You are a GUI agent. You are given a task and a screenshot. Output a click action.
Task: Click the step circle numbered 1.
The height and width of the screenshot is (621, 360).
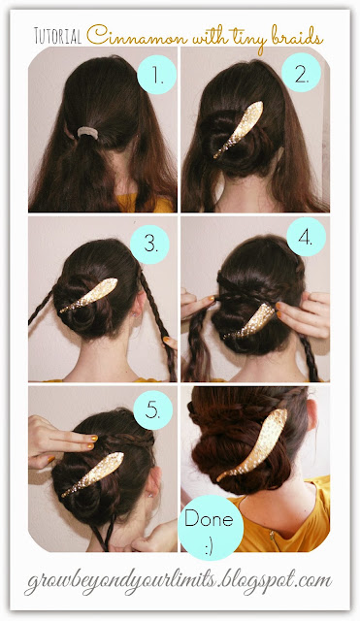point(156,75)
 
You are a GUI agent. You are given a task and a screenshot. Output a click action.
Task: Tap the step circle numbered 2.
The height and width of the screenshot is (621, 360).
point(301,73)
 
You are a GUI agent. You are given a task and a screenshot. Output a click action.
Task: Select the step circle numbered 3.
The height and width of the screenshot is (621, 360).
point(149,245)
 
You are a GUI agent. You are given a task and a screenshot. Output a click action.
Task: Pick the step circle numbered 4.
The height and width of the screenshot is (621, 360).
point(306,237)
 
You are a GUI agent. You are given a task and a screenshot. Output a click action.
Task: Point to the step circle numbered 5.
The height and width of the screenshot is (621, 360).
point(153,409)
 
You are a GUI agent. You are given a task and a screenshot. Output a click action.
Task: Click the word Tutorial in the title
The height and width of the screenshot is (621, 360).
point(58,37)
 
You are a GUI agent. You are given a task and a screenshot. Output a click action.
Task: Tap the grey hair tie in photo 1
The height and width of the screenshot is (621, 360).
point(87,133)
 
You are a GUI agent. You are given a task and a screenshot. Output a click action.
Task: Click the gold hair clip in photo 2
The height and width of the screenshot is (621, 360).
point(239,129)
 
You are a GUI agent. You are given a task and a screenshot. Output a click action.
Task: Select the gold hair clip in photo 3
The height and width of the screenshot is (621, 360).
point(88,295)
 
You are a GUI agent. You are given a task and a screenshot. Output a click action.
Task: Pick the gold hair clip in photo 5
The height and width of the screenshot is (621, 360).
point(93,474)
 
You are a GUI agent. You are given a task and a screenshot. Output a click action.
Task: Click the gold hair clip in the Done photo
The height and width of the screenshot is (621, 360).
point(253,444)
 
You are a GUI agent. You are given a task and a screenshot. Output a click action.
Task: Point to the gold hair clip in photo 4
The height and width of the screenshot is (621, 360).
point(249,321)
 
